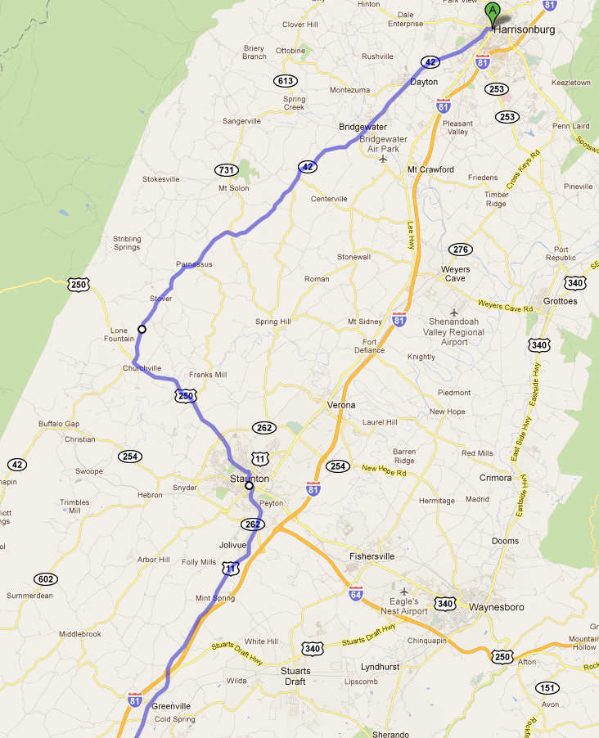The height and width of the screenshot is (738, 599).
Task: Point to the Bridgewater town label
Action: pyautogui.click(x=363, y=127)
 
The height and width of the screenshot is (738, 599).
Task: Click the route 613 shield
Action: pyautogui.click(x=286, y=80)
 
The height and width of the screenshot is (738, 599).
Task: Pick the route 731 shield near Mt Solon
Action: pyautogui.click(x=228, y=169)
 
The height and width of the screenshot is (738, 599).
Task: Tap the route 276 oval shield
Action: pyautogui.click(x=461, y=249)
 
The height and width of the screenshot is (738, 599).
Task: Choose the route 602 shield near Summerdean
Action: pyautogui.click(x=46, y=578)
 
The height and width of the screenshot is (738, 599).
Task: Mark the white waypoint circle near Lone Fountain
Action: pyautogui.click(x=142, y=329)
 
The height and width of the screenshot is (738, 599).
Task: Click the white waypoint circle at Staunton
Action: pyautogui.click(x=250, y=486)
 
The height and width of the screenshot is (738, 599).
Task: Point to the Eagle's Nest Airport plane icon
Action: pyautogui.click(x=403, y=590)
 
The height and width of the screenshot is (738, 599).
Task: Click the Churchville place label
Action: pyautogui.click(x=142, y=368)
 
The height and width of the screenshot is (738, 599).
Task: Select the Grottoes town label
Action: pyautogui.click(x=560, y=301)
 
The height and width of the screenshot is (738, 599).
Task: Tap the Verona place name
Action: pyautogui.click(x=341, y=405)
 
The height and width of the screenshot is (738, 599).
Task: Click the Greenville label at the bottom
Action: pyautogui.click(x=171, y=706)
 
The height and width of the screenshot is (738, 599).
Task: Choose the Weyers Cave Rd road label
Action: pyautogui.click(x=506, y=306)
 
